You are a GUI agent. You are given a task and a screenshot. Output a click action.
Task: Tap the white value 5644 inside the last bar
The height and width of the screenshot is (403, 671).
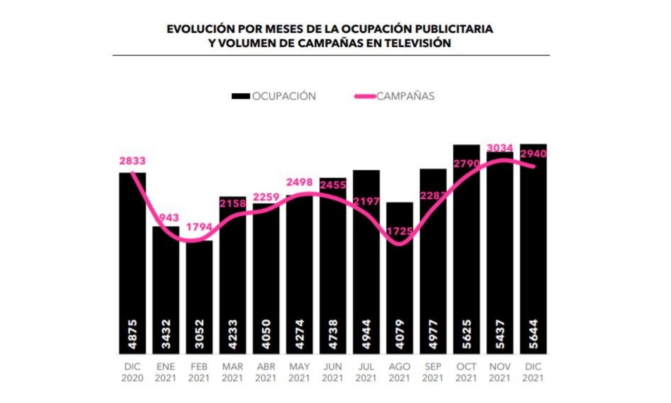click(533, 334)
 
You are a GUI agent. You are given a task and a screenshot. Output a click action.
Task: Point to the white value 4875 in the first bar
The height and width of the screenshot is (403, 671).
click(133, 334)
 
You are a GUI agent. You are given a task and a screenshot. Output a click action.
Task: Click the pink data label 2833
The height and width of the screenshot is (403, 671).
click(133, 161)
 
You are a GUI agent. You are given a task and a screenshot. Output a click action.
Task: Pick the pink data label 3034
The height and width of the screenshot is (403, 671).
click(500, 148)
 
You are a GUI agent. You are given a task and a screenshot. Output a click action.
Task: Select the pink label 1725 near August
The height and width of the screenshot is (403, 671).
click(399, 231)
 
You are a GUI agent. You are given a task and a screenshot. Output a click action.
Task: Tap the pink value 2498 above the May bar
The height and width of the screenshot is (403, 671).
click(299, 182)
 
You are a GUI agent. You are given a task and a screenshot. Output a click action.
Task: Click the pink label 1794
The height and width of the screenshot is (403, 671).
click(199, 227)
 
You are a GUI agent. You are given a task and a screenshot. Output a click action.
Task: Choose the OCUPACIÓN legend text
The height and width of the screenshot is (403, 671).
click(284, 96)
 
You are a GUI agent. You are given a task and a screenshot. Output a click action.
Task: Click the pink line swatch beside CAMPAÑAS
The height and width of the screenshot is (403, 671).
click(365, 96)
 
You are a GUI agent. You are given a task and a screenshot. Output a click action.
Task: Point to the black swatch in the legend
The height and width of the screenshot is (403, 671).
click(241, 96)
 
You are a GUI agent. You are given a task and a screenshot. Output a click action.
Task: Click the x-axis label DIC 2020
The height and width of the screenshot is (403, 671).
click(132, 372)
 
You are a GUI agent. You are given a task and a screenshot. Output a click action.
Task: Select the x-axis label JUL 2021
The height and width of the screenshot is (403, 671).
click(366, 372)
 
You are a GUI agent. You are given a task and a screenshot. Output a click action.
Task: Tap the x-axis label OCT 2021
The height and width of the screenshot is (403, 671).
click(466, 372)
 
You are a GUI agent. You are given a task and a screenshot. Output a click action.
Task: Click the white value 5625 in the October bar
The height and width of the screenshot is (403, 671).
click(466, 334)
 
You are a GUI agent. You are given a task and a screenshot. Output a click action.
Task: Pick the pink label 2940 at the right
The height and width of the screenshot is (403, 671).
click(533, 154)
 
